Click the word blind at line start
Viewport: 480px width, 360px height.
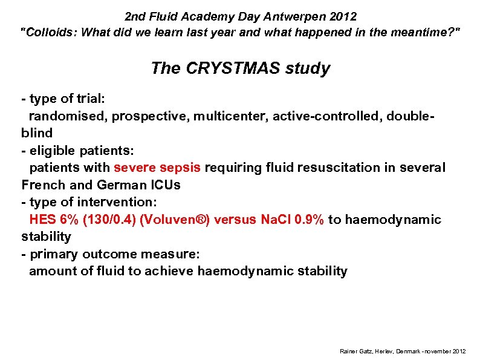click(37, 133)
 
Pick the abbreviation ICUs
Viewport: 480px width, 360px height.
click(164, 185)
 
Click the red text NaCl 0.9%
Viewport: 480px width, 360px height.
click(293, 220)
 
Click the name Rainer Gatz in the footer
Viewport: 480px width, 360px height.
click(355, 352)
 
